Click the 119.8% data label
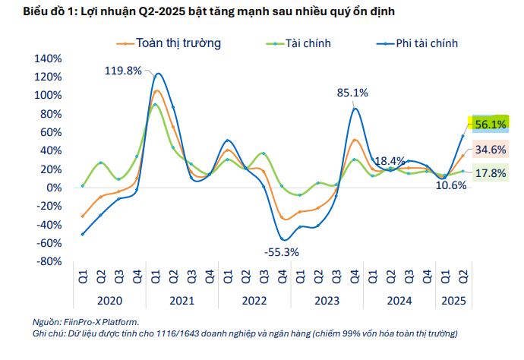pyautogui.click(x=123, y=71)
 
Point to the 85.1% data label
pyautogui.click(x=352, y=93)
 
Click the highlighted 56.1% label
pyautogui.click(x=490, y=124)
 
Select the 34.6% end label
pyautogui.click(x=490, y=150)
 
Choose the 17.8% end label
pyautogui.click(x=490, y=173)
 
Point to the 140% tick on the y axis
pyautogui.click(x=48, y=58)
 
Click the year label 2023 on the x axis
pyautogui.click(x=328, y=301)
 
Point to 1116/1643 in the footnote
pyautogui.click(x=191, y=333)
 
